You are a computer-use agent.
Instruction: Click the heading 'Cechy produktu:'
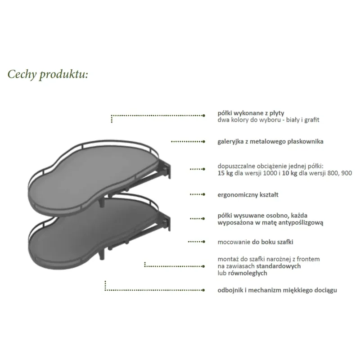(48, 75)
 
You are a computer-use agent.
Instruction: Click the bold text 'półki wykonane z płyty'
(251, 113)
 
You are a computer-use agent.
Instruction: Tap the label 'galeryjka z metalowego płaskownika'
(270, 141)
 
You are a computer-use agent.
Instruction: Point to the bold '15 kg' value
(225, 173)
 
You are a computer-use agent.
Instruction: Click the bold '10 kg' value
(289, 173)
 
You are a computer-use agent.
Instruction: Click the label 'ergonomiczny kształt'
(248, 195)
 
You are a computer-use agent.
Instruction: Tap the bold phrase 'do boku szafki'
(273, 242)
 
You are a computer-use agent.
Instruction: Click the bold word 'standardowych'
(279, 266)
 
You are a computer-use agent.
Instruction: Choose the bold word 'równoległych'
(247, 273)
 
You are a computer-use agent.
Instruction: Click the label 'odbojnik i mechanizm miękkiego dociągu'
(277, 290)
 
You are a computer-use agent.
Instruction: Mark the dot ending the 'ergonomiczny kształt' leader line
(204, 194)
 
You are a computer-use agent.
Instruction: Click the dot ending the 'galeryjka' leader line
(204, 142)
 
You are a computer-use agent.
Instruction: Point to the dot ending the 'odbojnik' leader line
(203, 290)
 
